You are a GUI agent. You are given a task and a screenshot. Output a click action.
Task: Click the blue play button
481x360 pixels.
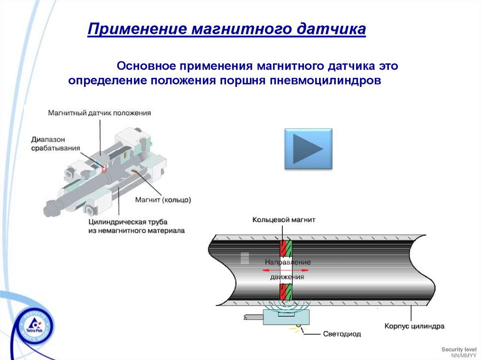coord(308,149)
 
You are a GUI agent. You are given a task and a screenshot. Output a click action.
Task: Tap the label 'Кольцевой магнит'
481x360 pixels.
coord(284,220)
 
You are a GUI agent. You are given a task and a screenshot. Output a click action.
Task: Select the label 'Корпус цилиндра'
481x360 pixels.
coord(414,325)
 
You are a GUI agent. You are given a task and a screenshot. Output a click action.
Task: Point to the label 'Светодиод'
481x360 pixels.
coord(342,334)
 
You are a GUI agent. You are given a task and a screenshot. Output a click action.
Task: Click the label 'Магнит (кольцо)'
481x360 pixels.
coord(163,199)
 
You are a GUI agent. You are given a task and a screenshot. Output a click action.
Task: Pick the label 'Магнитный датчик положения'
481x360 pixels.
coord(99,113)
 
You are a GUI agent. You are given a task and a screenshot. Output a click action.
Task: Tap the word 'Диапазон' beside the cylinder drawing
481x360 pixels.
coord(48,139)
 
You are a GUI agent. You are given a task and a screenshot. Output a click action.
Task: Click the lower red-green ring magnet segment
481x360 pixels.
coord(286,292)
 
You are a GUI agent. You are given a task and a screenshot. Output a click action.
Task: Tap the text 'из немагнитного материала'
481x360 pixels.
coord(136,230)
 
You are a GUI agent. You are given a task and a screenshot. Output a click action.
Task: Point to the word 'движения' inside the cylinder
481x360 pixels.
coord(287,277)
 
